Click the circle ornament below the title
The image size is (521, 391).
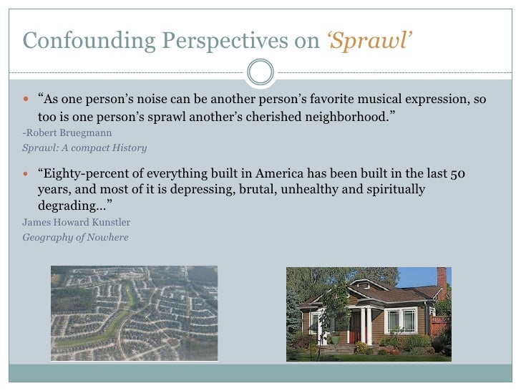point(260,70)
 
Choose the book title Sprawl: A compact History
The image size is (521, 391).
point(84,148)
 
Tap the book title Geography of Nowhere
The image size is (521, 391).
point(75,237)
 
